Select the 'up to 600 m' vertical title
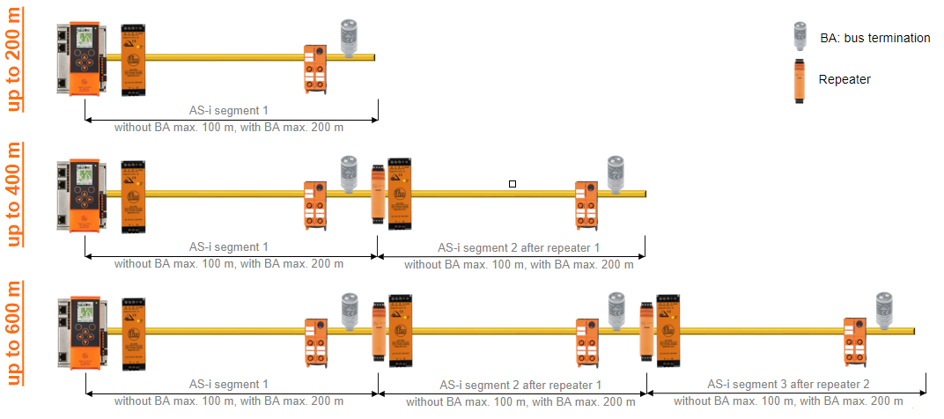(x=14, y=333)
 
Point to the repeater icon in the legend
(x=800, y=79)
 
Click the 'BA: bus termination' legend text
(x=874, y=38)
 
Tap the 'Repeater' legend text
(x=844, y=79)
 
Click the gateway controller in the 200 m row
(x=81, y=59)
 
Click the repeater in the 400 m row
(x=378, y=194)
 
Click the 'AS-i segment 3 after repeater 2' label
(x=788, y=385)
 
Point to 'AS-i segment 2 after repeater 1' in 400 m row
(x=519, y=248)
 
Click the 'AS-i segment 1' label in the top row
(x=229, y=110)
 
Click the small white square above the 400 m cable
(x=513, y=184)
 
